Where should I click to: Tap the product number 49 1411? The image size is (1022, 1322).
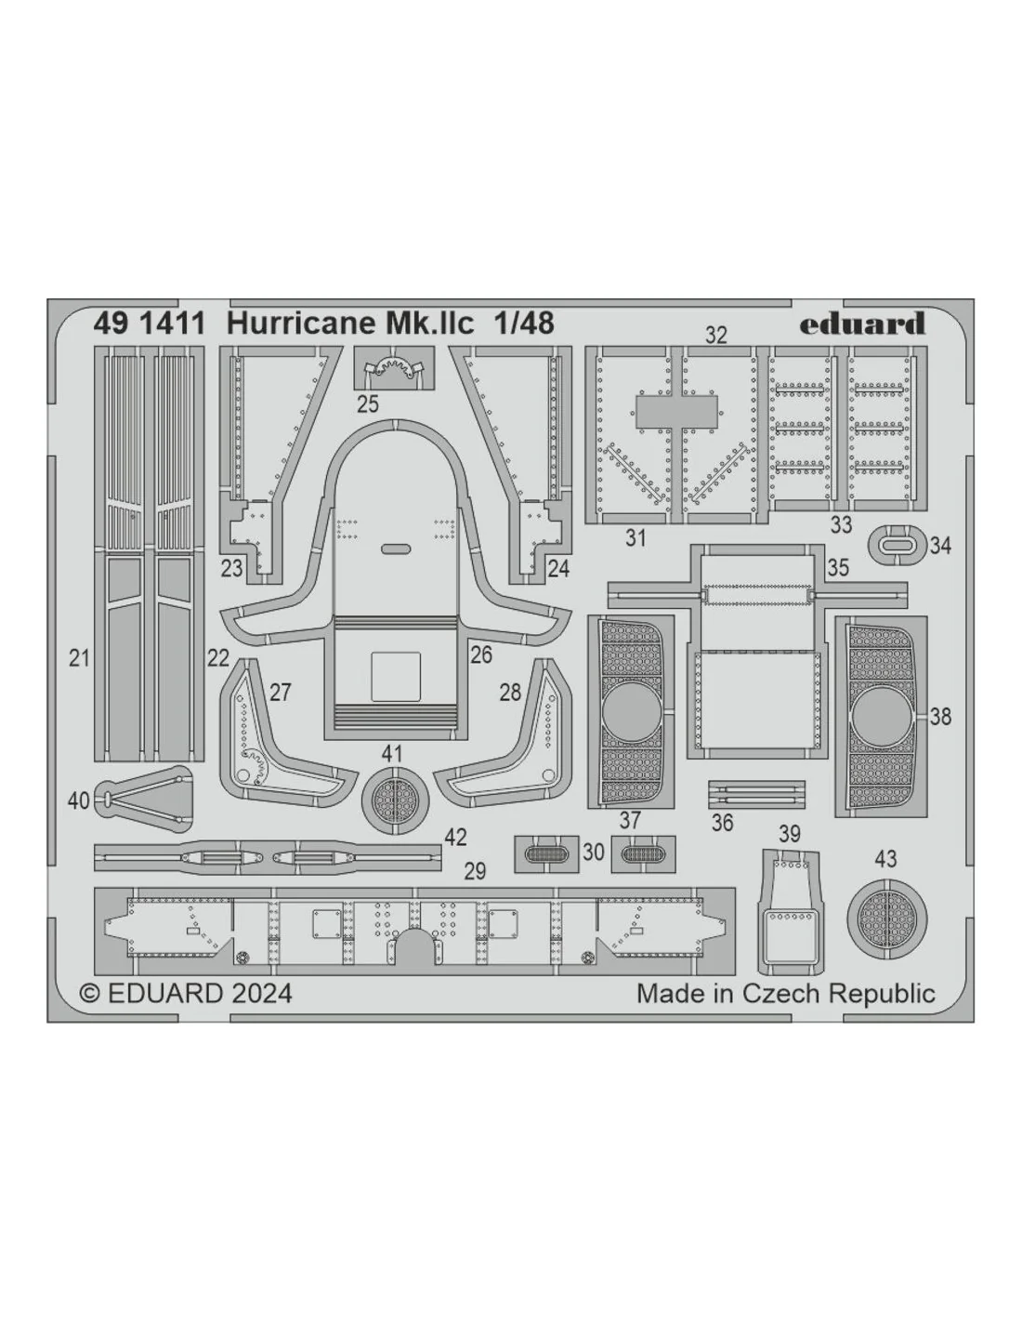pyautogui.click(x=150, y=324)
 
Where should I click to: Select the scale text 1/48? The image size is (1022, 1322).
pyautogui.click(x=525, y=323)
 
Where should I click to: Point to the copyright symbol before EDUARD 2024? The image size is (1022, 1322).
pyautogui.click(x=90, y=994)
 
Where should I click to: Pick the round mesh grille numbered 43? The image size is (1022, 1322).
pyautogui.click(x=887, y=921)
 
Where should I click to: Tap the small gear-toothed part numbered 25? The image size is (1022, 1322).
pyautogui.click(x=394, y=369)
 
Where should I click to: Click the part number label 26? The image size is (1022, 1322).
pyautogui.click(x=480, y=654)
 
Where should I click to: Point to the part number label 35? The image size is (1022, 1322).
pyautogui.click(x=837, y=568)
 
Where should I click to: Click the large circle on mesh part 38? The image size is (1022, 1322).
pyautogui.click(x=881, y=716)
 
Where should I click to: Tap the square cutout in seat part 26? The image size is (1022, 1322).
pyautogui.click(x=395, y=677)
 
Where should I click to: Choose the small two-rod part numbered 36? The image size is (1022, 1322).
pyautogui.click(x=756, y=795)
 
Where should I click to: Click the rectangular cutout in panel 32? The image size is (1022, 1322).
pyautogui.click(x=675, y=412)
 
